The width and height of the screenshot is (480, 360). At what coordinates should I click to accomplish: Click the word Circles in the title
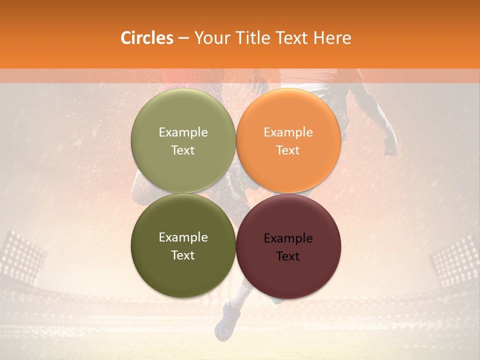point(146,38)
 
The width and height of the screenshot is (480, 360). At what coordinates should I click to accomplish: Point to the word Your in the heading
point(212,38)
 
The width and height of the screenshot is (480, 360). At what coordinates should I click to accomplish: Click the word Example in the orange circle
point(288,132)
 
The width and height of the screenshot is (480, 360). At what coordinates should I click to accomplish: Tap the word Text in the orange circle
point(288,150)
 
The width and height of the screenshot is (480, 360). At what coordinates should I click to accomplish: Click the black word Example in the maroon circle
point(288,238)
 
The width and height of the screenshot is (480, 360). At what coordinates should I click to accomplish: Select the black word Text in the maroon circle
point(288,256)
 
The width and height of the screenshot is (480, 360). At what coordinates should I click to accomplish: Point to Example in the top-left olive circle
point(183,132)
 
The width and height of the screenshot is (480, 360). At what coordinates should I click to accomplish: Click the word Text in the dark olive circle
point(183,255)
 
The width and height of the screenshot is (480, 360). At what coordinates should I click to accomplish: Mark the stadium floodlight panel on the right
point(455,260)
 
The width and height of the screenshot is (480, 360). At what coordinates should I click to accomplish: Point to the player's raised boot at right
point(390,145)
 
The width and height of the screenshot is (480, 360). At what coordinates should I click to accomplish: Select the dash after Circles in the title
point(183,38)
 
